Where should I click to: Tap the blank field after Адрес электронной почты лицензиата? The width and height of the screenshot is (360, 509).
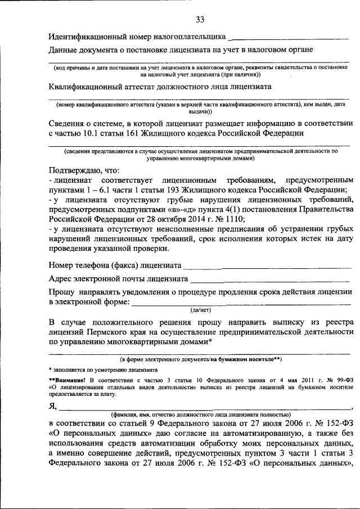(x=271, y=278)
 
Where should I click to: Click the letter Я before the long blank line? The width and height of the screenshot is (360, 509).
(x=52, y=407)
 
